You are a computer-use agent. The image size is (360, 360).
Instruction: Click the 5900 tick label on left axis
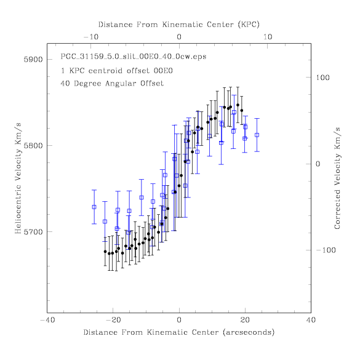(33, 60)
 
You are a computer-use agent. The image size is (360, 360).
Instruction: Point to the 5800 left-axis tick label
(33, 146)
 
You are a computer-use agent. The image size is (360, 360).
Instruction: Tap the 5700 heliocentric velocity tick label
(33, 232)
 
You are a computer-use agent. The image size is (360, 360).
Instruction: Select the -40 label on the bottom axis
(48, 320)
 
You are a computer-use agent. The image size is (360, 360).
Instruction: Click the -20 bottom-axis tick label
(113, 320)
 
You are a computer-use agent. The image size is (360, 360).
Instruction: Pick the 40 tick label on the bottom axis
(311, 320)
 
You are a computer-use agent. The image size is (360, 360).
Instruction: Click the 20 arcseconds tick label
(245, 320)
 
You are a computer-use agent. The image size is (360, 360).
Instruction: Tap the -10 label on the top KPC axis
(91, 37)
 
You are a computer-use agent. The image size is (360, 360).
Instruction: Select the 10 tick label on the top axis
(268, 37)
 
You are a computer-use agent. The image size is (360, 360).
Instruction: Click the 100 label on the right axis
(322, 78)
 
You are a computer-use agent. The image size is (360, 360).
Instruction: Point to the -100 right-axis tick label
(326, 250)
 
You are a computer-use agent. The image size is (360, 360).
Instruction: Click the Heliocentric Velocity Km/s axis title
(18, 178)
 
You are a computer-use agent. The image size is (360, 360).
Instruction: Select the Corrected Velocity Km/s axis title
(337, 178)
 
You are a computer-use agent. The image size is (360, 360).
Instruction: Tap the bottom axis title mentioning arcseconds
(179, 332)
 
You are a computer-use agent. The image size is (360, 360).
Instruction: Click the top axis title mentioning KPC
(179, 25)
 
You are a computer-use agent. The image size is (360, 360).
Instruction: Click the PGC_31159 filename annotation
(134, 57)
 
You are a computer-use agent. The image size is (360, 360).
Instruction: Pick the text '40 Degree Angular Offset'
(112, 83)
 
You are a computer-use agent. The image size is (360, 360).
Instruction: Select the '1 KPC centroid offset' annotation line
(117, 71)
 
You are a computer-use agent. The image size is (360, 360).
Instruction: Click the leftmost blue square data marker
(94, 207)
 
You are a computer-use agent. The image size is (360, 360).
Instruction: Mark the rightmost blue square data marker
(257, 135)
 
